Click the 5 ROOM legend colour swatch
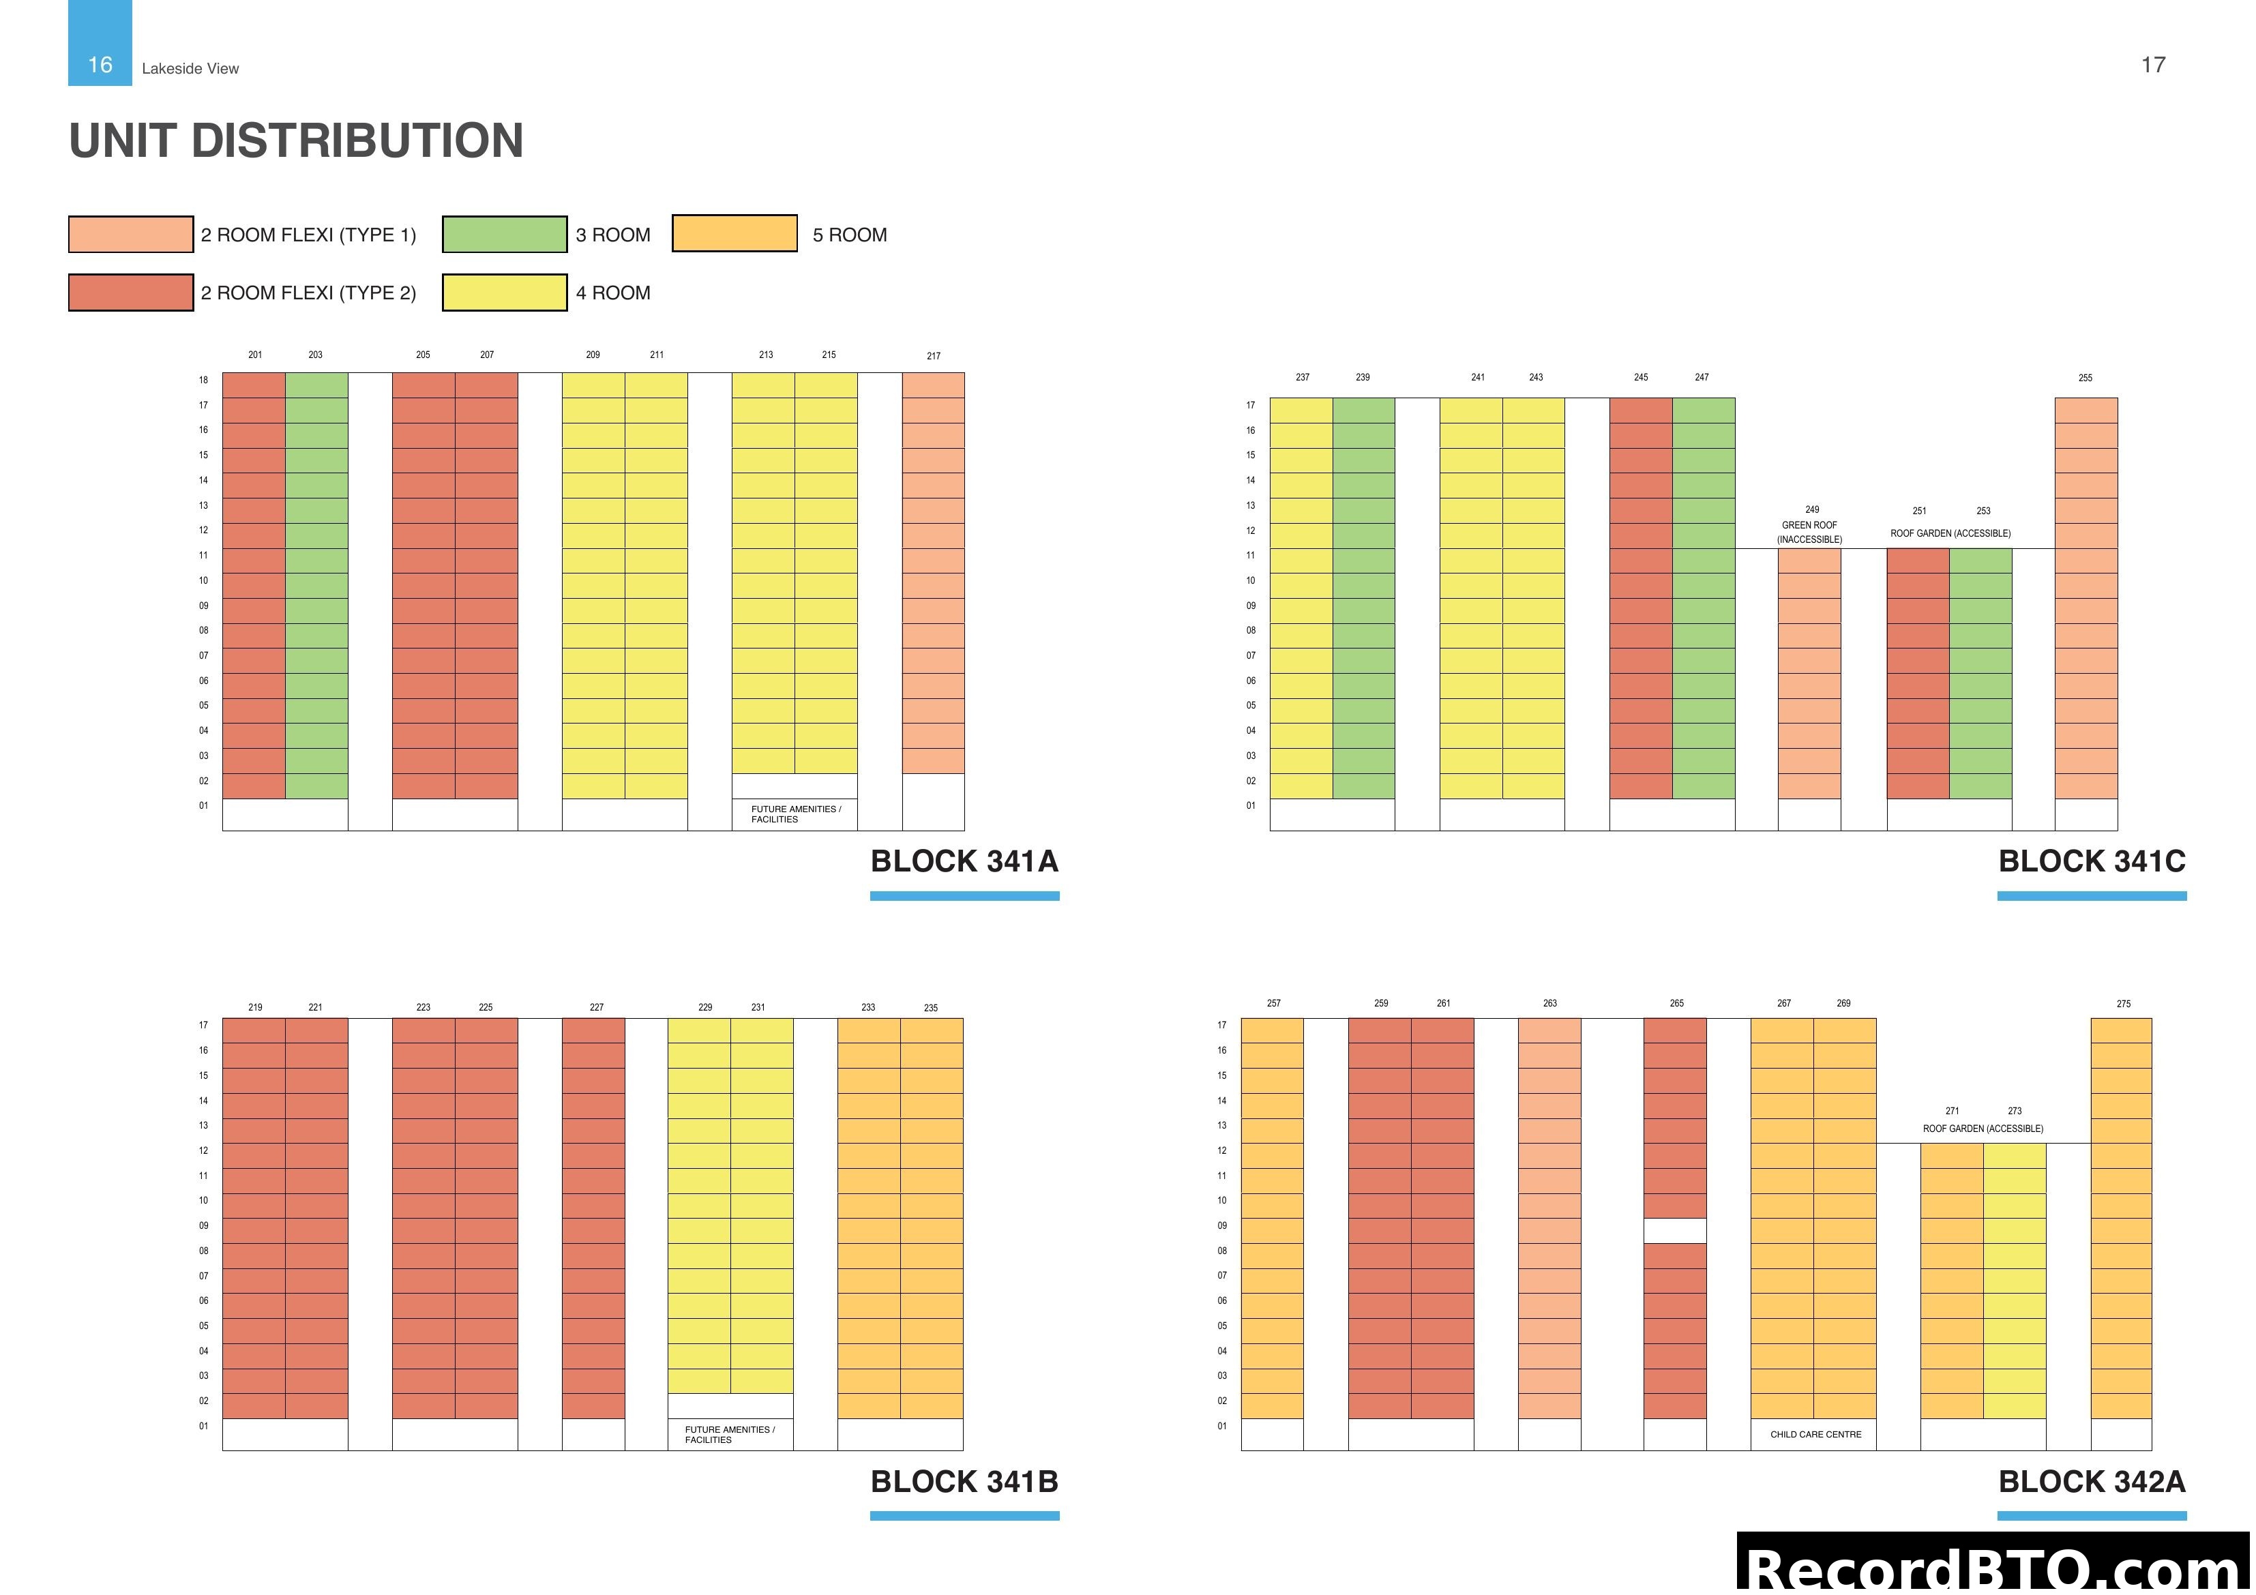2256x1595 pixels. (x=734, y=234)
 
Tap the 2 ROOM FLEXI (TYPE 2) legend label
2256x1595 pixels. (x=308, y=293)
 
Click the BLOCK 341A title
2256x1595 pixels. (x=964, y=861)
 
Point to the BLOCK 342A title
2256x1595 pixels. (x=2091, y=1481)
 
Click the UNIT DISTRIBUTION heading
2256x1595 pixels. (x=296, y=140)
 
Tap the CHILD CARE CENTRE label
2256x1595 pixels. (x=1815, y=1434)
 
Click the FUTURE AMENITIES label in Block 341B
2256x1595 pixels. (x=729, y=1434)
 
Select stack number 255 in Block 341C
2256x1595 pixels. (x=2084, y=377)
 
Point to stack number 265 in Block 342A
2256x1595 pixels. (x=1676, y=1003)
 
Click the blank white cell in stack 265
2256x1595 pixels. (x=1674, y=1230)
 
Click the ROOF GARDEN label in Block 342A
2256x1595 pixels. (x=1982, y=1128)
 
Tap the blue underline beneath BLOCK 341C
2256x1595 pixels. (x=2091, y=895)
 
